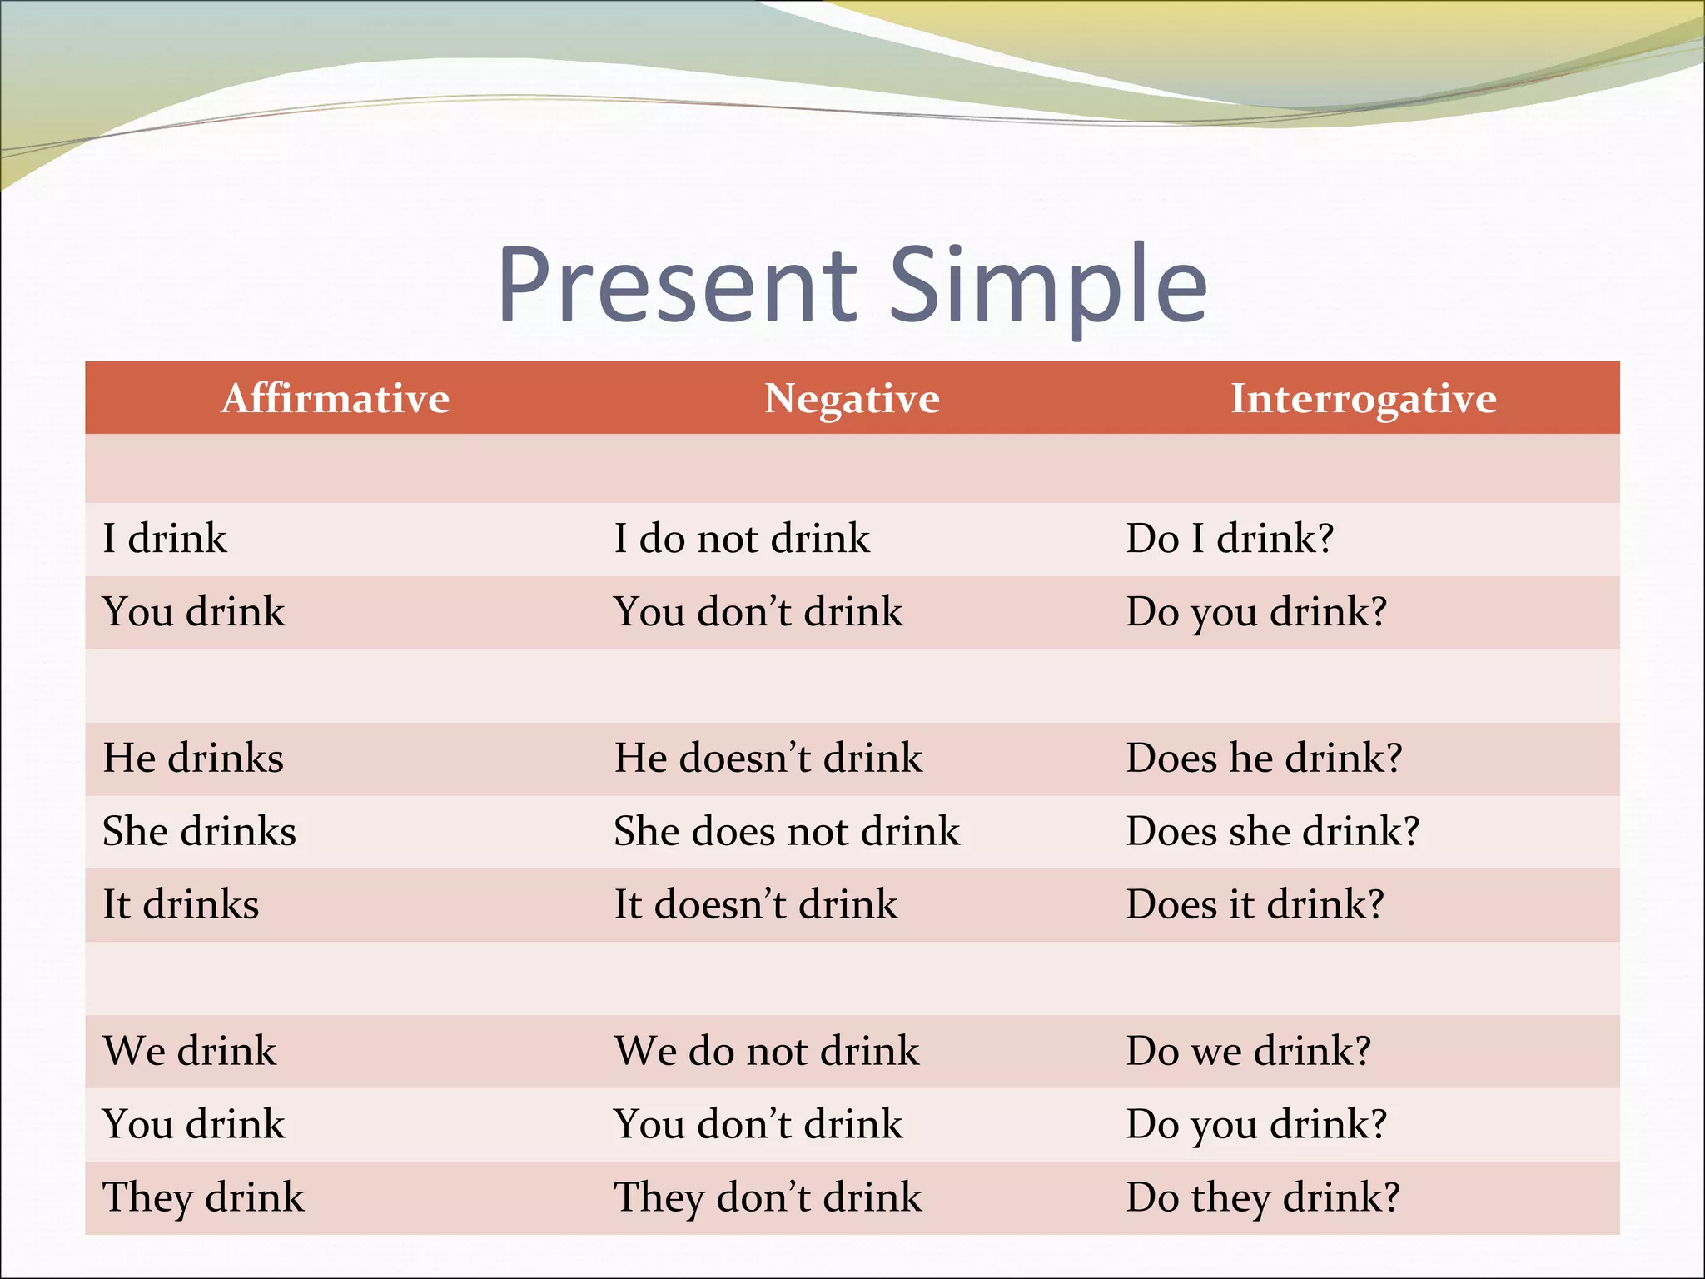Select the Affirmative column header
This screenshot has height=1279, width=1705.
335,398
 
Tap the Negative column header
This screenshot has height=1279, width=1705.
852,398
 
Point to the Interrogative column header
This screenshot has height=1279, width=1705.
1363,398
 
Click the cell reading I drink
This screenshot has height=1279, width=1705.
165,538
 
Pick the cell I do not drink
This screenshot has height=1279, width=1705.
742,538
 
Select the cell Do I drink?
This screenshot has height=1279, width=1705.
1230,538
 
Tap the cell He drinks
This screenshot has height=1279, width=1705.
193,758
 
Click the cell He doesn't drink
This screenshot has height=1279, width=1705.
768,758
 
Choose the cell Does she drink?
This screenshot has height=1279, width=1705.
1272,831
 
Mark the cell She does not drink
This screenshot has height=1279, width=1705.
787,831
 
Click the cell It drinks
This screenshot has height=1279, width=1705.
181,904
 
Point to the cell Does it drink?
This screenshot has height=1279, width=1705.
1255,904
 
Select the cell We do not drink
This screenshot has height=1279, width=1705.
767,1051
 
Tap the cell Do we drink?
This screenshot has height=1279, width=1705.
1248,1051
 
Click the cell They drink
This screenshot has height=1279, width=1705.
203,1197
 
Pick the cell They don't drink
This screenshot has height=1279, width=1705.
768,1197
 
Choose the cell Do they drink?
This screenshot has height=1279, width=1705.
1262,1197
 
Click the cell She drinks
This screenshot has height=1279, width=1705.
199,831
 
